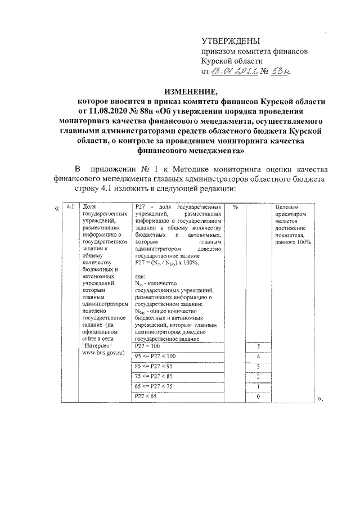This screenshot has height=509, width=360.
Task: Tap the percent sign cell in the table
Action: (236, 207)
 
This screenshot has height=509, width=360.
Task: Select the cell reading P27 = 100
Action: (148, 346)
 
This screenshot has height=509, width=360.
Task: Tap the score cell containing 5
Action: (258, 346)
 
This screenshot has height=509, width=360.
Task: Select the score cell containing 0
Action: (258, 397)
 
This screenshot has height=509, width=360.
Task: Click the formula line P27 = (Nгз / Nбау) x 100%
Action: (167, 262)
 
